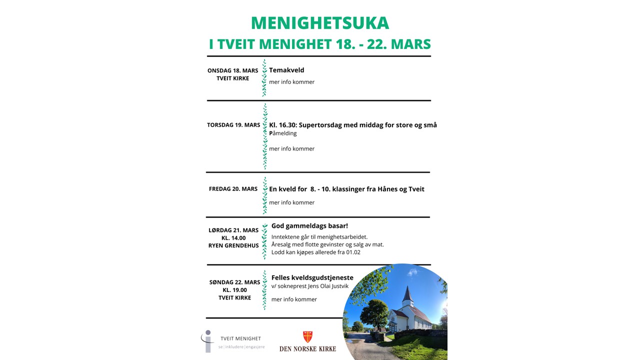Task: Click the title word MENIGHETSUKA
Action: coord(319,23)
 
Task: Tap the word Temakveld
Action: coord(286,70)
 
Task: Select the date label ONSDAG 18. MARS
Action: coord(233,70)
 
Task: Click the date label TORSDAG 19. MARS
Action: coord(233,125)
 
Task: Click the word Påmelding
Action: coord(283,133)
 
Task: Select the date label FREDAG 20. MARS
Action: coord(233,189)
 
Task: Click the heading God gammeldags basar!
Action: coord(309,226)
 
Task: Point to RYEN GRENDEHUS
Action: coord(233,245)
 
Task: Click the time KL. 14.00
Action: coord(233,238)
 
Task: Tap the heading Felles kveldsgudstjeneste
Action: coord(312,277)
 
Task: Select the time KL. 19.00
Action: coord(233,290)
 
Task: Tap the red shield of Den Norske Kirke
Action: coord(308,336)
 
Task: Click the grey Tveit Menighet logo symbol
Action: coord(207,341)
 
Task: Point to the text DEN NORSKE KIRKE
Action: coord(307,348)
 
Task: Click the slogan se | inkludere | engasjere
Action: coord(241,346)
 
